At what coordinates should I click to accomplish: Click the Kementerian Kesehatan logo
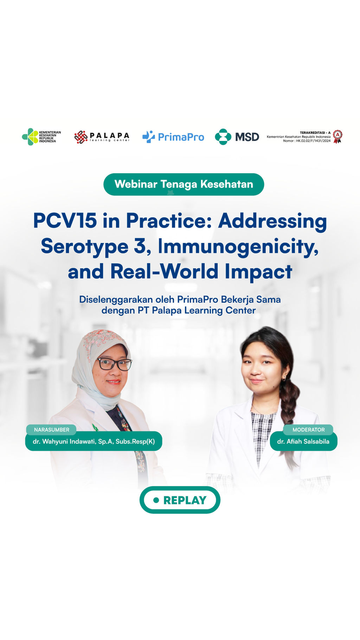coord(41,137)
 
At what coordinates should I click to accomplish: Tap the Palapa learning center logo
coord(102,137)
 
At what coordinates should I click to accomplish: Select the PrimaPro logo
coord(173,137)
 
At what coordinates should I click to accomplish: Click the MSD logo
coord(237,137)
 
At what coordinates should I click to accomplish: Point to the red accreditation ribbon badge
coord(337,136)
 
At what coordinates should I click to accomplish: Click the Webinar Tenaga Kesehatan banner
coord(184,184)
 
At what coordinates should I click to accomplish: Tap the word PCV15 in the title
coord(65,221)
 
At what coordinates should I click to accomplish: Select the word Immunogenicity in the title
coord(238,247)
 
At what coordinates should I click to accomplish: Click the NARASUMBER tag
coord(51,430)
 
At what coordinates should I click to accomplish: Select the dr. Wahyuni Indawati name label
coord(94,441)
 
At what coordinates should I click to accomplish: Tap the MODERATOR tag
coord(308,430)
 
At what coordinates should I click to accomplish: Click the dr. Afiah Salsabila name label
coord(303,441)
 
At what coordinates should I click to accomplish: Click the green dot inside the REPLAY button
coord(156,500)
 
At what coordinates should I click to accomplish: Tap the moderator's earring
coord(283,379)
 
